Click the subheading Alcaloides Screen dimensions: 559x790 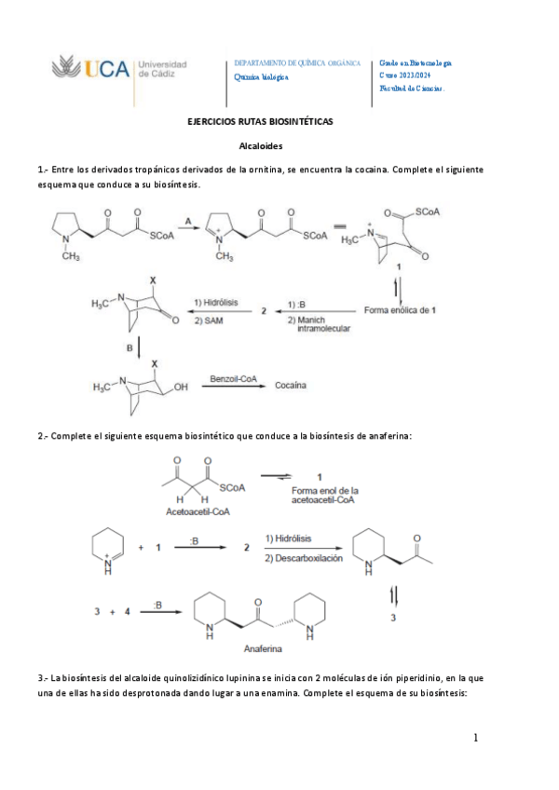262,146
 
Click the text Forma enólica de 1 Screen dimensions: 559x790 400,309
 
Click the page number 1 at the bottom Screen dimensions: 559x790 475,739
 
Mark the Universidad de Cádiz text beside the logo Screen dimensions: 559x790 162,69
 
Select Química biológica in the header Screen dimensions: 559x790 261,77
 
